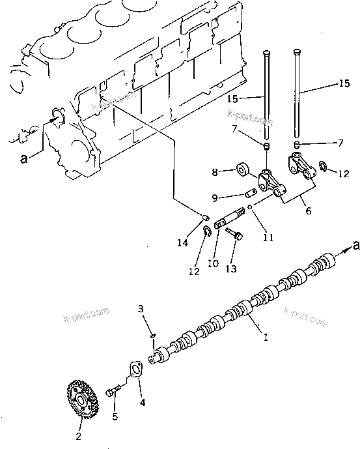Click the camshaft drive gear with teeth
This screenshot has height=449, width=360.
82,400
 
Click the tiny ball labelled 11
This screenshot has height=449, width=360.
250,209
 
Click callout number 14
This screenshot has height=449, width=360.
185,242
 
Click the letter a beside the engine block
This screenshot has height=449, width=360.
24,158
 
